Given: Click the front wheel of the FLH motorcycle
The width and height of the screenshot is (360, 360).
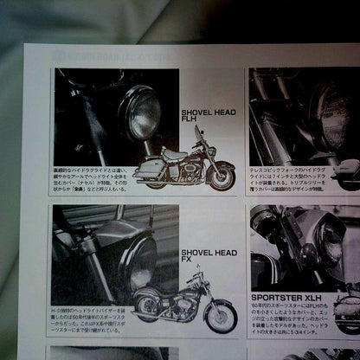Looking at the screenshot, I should (222, 177).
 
